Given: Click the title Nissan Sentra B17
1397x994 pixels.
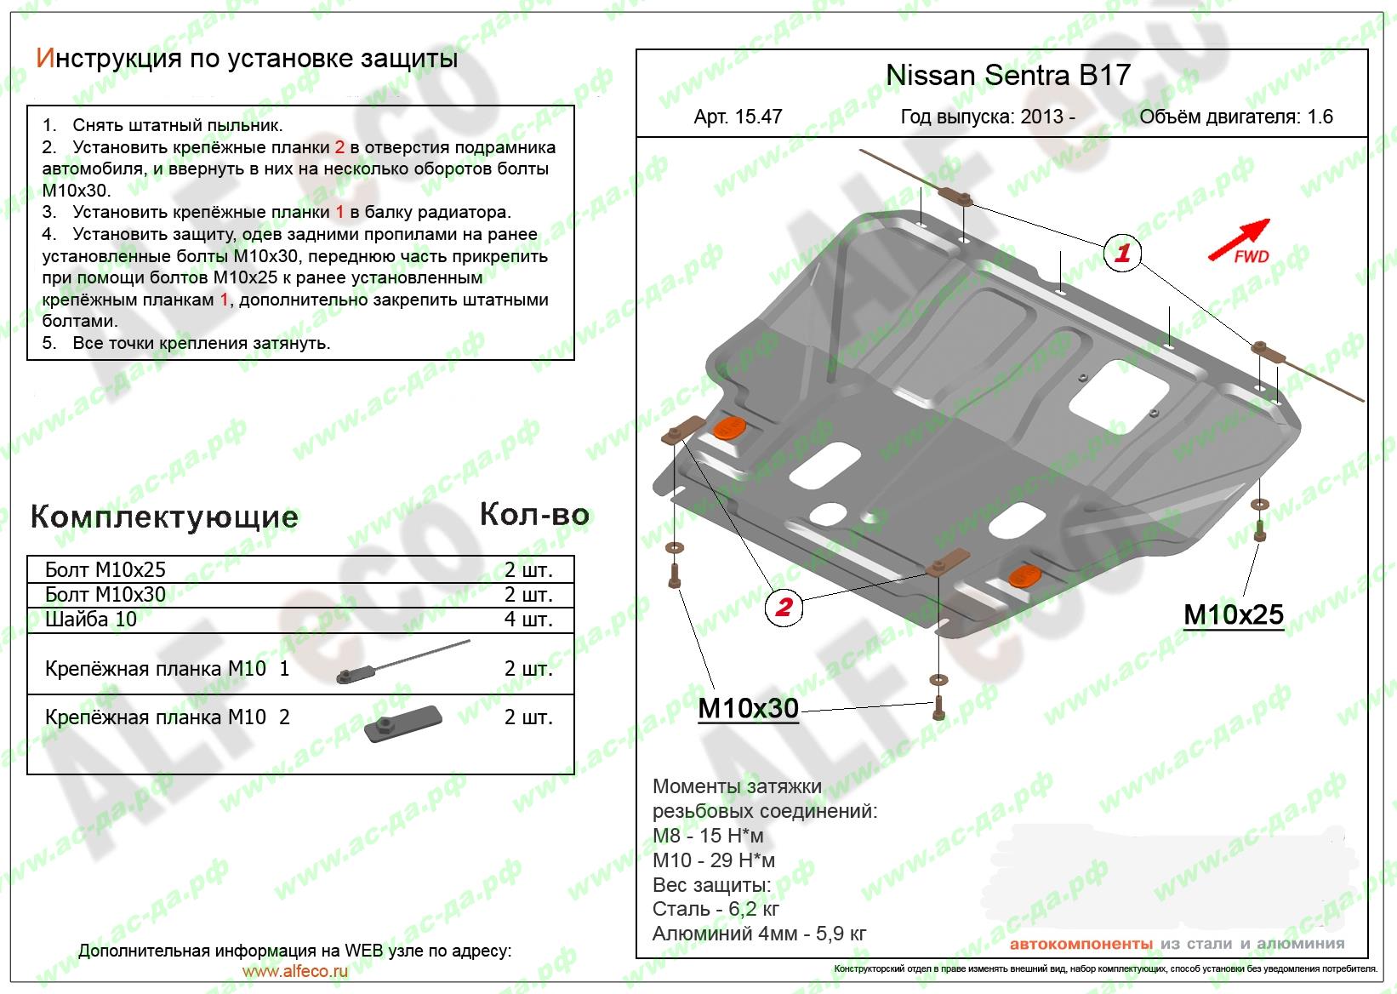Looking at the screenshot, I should click(x=1007, y=75).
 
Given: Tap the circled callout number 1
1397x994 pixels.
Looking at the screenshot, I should click(x=1122, y=253).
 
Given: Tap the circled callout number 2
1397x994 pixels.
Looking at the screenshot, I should click(x=784, y=607).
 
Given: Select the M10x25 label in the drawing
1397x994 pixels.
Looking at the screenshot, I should click(x=1233, y=614).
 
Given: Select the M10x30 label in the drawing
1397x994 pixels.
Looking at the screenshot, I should click(x=748, y=708).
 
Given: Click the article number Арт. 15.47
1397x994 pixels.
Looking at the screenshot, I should click(x=738, y=117).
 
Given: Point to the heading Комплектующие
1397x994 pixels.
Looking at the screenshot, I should click(x=164, y=517).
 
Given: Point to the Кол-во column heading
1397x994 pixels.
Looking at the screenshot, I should click(x=534, y=514).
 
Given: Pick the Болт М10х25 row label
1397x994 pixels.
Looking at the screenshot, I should click(x=105, y=569).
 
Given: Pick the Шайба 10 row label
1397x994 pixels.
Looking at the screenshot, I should click(x=91, y=619).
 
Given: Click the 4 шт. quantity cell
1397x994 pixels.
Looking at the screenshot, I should click(x=528, y=619).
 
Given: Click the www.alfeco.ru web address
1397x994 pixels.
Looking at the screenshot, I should click(x=294, y=971).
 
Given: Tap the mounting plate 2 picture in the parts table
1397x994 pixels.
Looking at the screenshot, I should click(x=402, y=723).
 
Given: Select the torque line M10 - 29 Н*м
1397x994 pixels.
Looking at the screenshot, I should click(x=714, y=860).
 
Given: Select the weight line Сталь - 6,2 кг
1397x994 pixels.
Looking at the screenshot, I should click(x=716, y=909).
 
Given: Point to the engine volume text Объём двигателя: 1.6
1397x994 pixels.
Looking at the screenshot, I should click(x=1235, y=117).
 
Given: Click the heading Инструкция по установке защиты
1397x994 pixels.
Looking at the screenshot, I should click(x=247, y=58).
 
